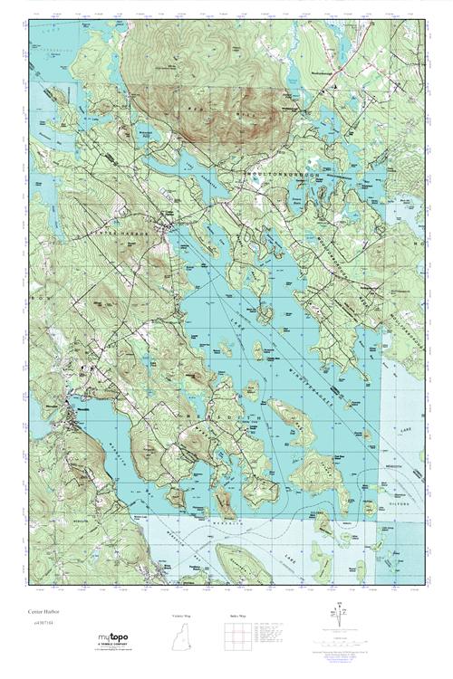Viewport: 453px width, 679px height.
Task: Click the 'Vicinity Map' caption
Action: pyautogui.click(x=181, y=616)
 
